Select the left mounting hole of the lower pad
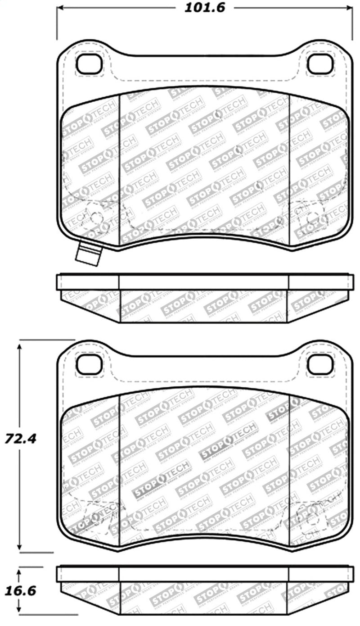point(89,364)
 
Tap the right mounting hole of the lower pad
point(320,364)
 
